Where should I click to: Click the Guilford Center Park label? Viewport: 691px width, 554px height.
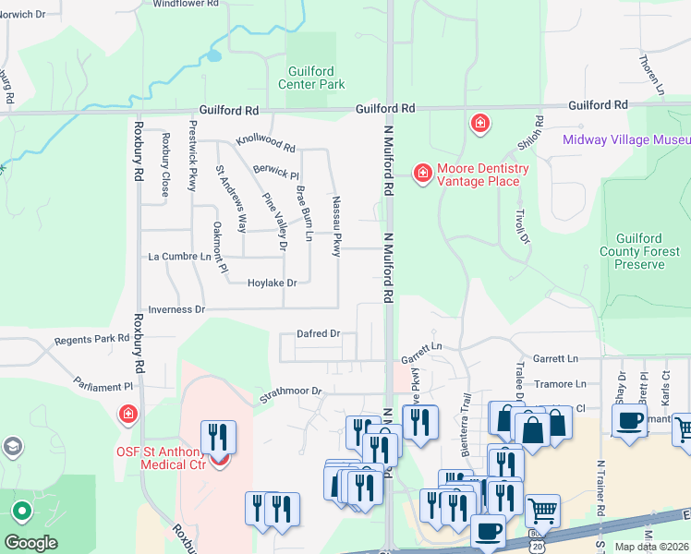[311, 77]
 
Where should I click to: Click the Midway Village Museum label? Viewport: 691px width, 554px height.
[626, 139]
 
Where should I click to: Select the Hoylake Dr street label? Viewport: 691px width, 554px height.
[272, 283]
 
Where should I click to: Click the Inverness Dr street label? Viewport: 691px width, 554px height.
[176, 310]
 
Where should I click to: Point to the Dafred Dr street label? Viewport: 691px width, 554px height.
[319, 333]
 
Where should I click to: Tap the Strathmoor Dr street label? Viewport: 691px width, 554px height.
[289, 391]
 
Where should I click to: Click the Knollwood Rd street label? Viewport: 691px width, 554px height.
[265, 143]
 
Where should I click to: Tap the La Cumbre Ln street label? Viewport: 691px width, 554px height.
[179, 257]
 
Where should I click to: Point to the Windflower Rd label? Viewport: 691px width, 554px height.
[186, 4]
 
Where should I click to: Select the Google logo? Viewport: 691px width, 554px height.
[30, 543]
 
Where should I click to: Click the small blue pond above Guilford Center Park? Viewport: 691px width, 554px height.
[214, 55]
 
